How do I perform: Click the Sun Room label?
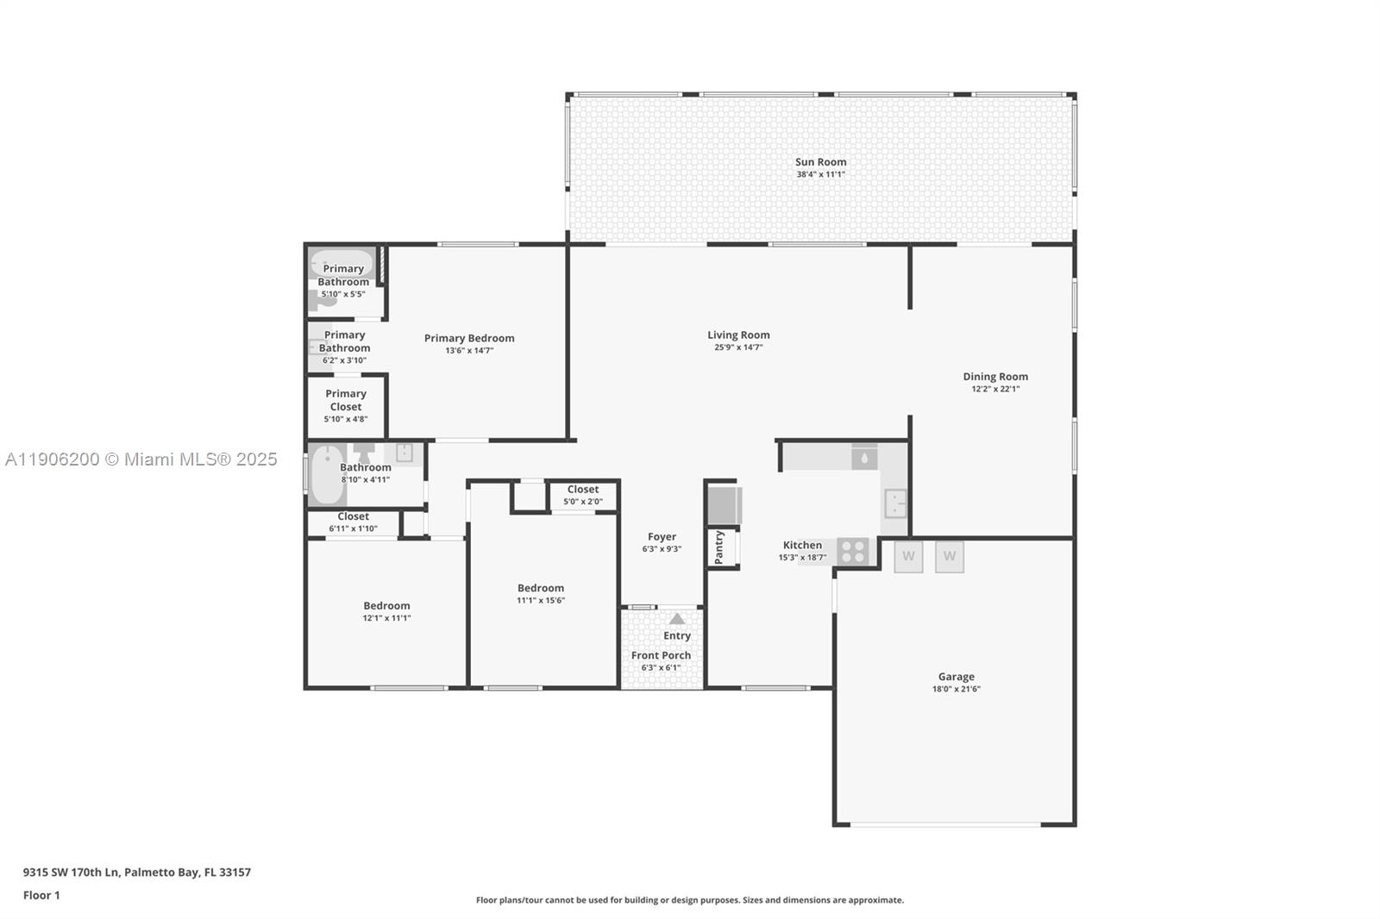click(820, 162)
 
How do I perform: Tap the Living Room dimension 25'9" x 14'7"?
click(738, 347)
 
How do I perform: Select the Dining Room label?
click(995, 377)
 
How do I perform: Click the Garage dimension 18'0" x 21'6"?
click(956, 689)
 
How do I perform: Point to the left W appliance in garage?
click(908, 557)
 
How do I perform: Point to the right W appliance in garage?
click(950, 557)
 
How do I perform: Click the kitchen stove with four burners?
click(853, 551)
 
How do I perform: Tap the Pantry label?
click(719, 547)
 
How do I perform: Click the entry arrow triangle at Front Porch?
click(677, 618)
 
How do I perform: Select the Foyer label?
click(662, 536)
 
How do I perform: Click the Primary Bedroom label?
click(469, 338)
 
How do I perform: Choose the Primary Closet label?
click(346, 400)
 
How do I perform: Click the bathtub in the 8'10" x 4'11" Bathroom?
click(327, 474)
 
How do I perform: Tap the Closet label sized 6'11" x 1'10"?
click(353, 516)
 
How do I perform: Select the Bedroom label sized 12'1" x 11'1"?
click(386, 605)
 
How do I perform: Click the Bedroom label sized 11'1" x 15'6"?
click(541, 588)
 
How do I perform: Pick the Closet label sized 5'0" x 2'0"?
click(583, 490)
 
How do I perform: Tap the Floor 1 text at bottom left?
click(41, 895)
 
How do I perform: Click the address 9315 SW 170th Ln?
click(72, 872)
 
